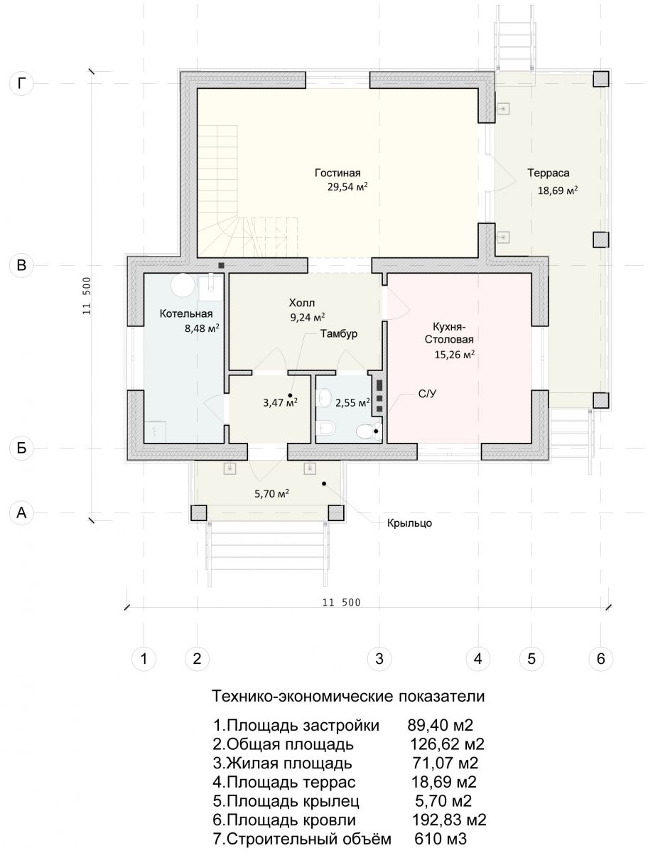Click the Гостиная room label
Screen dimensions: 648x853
337,173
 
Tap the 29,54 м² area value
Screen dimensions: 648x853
347,187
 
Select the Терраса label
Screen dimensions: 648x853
549,173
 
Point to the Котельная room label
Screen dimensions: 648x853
186,313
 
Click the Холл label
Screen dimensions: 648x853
302,303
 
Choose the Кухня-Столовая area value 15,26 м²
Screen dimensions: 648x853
455,355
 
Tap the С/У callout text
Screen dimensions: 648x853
427,394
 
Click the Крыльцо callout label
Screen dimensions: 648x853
409,523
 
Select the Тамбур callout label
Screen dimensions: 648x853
338,333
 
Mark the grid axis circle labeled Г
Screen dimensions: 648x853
21,83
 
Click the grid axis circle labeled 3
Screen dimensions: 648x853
379,659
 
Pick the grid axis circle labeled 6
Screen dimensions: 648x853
600,659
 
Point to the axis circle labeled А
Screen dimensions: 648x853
21,513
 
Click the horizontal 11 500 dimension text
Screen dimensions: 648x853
341,603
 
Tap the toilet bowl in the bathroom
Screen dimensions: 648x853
366,431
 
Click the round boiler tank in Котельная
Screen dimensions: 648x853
183,285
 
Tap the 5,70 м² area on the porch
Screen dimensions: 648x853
272,494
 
